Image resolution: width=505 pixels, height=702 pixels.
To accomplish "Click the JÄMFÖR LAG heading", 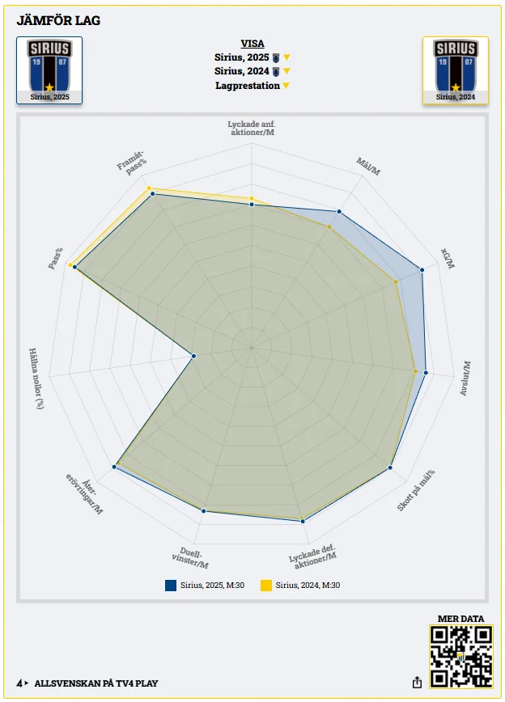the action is click(58, 20).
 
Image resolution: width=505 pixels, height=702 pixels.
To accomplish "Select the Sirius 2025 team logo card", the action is click(49, 70).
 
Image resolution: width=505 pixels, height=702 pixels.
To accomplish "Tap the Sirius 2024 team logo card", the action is click(456, 70).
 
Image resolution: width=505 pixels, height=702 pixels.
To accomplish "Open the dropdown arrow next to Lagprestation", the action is click(286, 86).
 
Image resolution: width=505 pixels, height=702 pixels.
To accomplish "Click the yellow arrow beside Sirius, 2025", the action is click(286, 57).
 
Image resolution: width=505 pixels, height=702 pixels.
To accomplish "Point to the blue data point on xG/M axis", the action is click(422, 269).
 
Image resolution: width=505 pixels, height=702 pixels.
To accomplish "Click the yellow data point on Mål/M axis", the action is click(329, 227).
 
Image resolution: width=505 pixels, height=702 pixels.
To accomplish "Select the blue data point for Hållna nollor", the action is click(194, 356).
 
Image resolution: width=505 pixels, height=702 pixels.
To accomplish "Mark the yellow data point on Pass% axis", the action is click(70, 265).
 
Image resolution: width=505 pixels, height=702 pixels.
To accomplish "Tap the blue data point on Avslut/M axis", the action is click(426, 373).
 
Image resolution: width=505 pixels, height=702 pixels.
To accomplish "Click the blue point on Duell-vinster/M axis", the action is click(204, 510).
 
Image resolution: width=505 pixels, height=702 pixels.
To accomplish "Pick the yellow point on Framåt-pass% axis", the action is click(149, 189).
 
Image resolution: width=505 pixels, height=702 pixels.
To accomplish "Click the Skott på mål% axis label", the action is click(416, 490).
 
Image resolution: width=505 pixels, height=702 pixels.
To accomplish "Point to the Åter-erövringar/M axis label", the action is click(85, 494).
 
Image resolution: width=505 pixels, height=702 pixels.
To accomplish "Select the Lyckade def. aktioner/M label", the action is click(312, 557).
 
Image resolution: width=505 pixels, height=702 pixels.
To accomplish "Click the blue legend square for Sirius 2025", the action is click(171, 586).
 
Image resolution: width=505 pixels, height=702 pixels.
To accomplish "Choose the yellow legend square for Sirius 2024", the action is click(266, 586).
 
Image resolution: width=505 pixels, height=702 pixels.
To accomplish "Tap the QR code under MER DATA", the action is click(461, 657).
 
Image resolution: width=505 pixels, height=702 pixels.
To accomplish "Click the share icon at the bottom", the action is click(417, 683).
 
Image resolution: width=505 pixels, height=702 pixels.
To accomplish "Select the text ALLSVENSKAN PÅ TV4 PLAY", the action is click(96, 683).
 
